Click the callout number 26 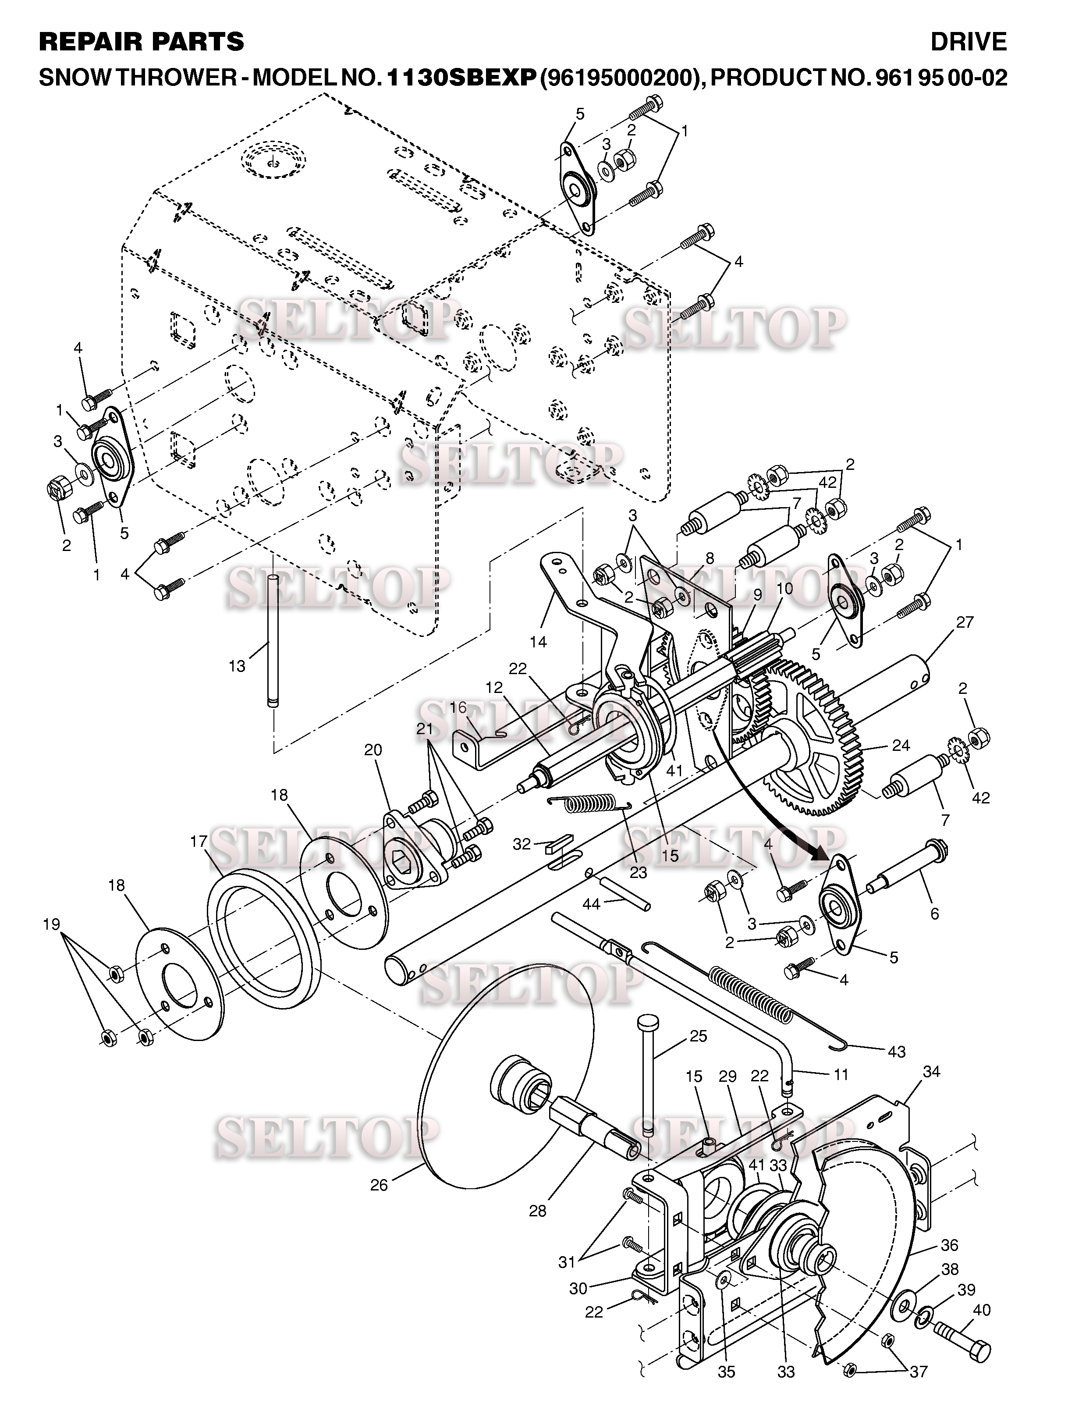point(379,1186)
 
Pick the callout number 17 point(199,842)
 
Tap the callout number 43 point(896,1052)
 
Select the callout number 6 point(934,913)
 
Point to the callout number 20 point(373,750)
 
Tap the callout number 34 point(931,1072)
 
